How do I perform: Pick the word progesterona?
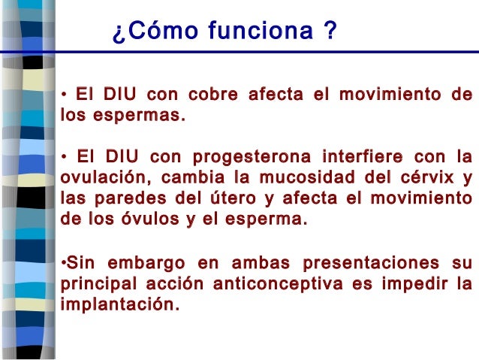pos(250,158)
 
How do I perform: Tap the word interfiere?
pos(360,158)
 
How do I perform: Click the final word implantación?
pos(119,305)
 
